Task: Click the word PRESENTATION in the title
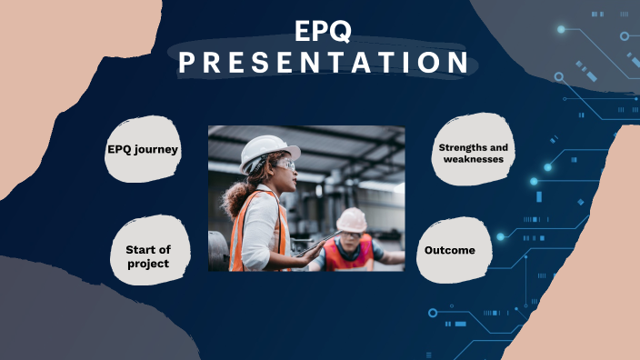323,63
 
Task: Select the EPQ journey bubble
143,149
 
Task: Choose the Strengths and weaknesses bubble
473,153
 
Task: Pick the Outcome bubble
450,249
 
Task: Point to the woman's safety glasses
285,165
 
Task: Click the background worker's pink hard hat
351,219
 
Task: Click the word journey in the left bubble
159,149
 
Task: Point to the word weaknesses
473,159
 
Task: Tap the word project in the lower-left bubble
148,264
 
